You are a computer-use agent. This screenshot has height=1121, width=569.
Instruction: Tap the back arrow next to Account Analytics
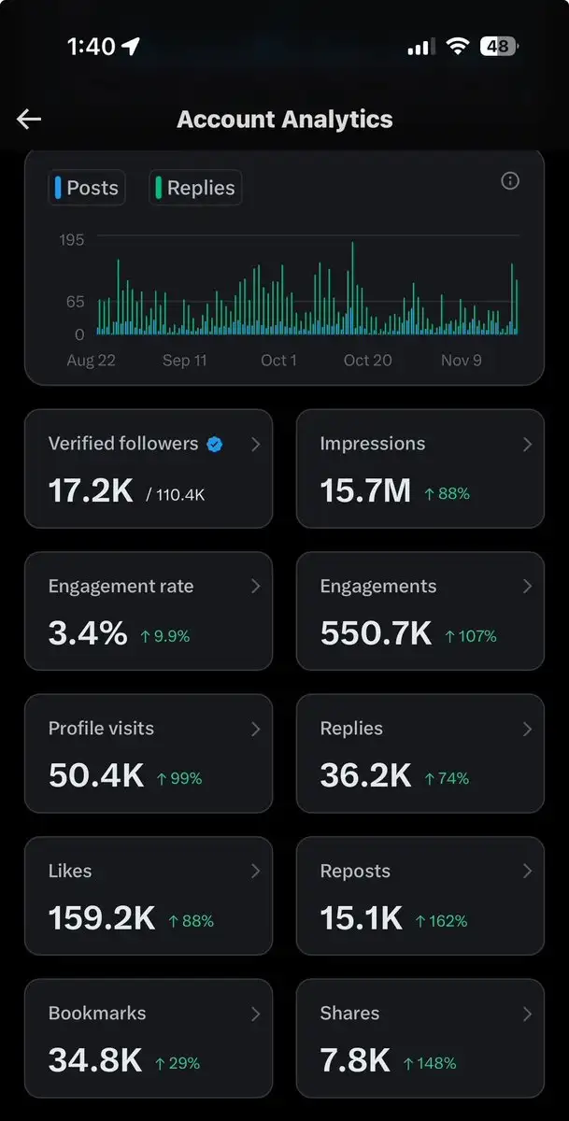point(29,120)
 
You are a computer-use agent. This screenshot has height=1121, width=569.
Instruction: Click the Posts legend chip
point(87,188)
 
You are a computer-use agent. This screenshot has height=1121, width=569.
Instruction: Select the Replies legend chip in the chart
point(195,188)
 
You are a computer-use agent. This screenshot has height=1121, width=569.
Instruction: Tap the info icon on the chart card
point(510,180)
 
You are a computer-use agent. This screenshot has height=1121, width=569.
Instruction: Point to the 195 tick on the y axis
point(72,240)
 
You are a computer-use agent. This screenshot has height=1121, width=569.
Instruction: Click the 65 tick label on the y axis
point(75,302)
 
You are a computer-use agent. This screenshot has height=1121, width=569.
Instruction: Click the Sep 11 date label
point(185,361)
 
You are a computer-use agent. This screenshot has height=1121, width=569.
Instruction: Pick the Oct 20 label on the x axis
point(368,361)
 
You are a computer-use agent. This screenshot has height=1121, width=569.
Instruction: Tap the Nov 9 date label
point(461,361)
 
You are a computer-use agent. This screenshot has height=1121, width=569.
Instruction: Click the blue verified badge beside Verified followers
point(215,444)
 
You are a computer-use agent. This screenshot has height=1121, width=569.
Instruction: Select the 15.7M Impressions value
point(365,490)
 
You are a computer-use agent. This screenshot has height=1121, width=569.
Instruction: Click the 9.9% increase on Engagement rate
point(165,636)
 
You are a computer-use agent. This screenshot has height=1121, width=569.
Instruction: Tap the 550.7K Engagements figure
point(376,632)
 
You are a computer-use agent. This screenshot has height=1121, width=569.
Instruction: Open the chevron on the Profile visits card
point(256,729)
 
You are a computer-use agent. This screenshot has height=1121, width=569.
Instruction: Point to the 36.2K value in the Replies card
point(366,775)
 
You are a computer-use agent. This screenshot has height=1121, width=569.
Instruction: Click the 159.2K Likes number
point(102,917)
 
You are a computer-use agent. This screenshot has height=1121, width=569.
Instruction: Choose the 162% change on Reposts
point(441,921)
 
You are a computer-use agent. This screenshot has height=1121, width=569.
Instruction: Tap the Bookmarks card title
point(97,1013)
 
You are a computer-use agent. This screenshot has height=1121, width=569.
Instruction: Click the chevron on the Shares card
point(528,1014)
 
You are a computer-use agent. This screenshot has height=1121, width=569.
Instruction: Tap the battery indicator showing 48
point(499,46)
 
